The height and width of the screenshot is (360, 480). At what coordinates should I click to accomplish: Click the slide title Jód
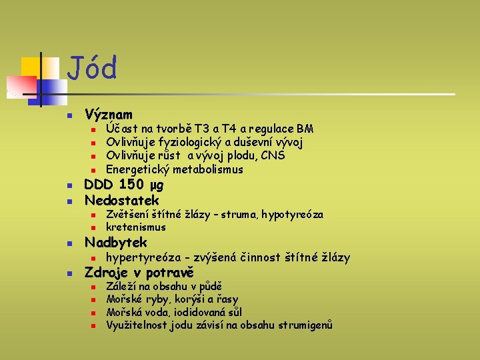(x=93, y=69)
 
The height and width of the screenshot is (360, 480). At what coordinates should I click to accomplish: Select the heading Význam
(x=109, y=115)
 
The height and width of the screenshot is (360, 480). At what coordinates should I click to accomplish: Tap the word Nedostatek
(x=122, y=200)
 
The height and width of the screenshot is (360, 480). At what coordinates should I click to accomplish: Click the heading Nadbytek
(x=115, y=243)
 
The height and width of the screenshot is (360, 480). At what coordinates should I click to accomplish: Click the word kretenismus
(x=136, y=227)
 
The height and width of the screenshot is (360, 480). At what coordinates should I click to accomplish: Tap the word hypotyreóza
(x=293, y=215)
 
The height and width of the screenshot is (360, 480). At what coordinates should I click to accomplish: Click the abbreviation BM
(x=305, y=129)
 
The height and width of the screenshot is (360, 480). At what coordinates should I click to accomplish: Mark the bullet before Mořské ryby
(x=94, y=300)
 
